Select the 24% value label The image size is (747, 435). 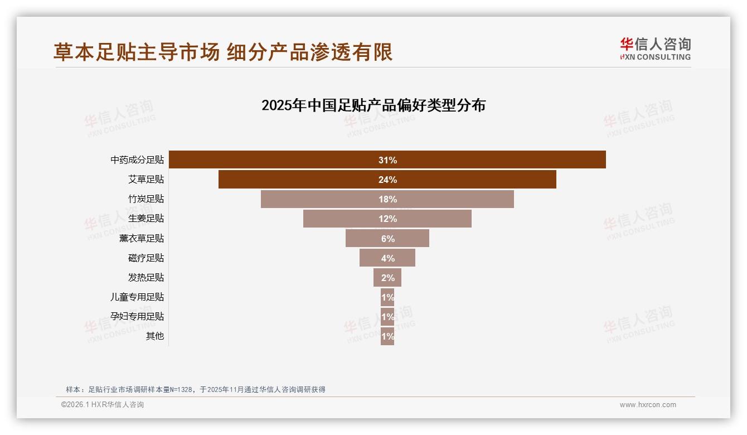coord(387,180)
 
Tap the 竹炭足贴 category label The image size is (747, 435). coord(146,199)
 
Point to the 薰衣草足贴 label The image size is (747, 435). coord(142,238)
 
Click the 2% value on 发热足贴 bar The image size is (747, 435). coord(387,278)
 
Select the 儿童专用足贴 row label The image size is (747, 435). coord(137,297)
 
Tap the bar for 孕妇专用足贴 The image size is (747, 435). coord(387,316)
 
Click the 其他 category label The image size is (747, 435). coord(155,336)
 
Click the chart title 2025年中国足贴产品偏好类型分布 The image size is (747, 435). coord(373,105)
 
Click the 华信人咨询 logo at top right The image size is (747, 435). coord(655,49)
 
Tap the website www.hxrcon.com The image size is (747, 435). coord(648,405)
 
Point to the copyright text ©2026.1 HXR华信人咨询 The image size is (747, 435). coord(103,405)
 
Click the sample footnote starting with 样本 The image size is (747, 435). coord(195,389)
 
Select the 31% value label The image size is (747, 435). coord(387,160)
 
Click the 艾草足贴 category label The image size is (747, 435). coord(146,179)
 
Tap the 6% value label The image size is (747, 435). coord(387,239)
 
